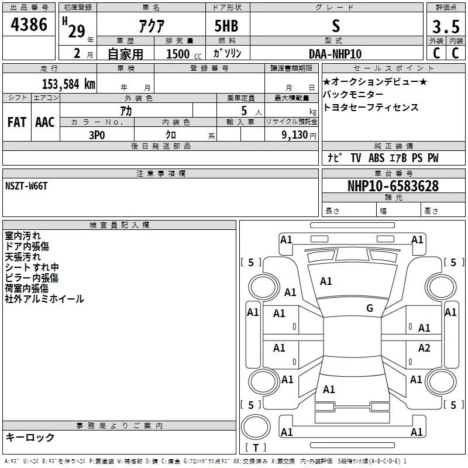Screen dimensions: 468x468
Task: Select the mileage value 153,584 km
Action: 68,84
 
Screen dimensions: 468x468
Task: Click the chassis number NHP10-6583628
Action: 393,186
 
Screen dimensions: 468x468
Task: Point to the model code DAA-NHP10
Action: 335,54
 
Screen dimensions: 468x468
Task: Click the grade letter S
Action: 335,26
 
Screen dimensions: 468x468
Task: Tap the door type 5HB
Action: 226,26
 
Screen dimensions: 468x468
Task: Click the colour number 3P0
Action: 97,134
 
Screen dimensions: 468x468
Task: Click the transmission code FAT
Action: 17,122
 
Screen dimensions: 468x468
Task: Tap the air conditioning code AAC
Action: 44,122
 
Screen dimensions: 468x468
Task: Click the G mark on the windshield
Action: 369,308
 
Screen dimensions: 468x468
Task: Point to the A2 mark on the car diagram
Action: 424,348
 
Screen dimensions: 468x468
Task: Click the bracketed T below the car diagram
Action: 255,448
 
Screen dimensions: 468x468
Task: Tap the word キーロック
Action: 30,437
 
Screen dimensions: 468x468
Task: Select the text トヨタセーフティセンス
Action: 370,108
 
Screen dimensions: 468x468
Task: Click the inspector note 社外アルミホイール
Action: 44,299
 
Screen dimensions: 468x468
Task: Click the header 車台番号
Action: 393,174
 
